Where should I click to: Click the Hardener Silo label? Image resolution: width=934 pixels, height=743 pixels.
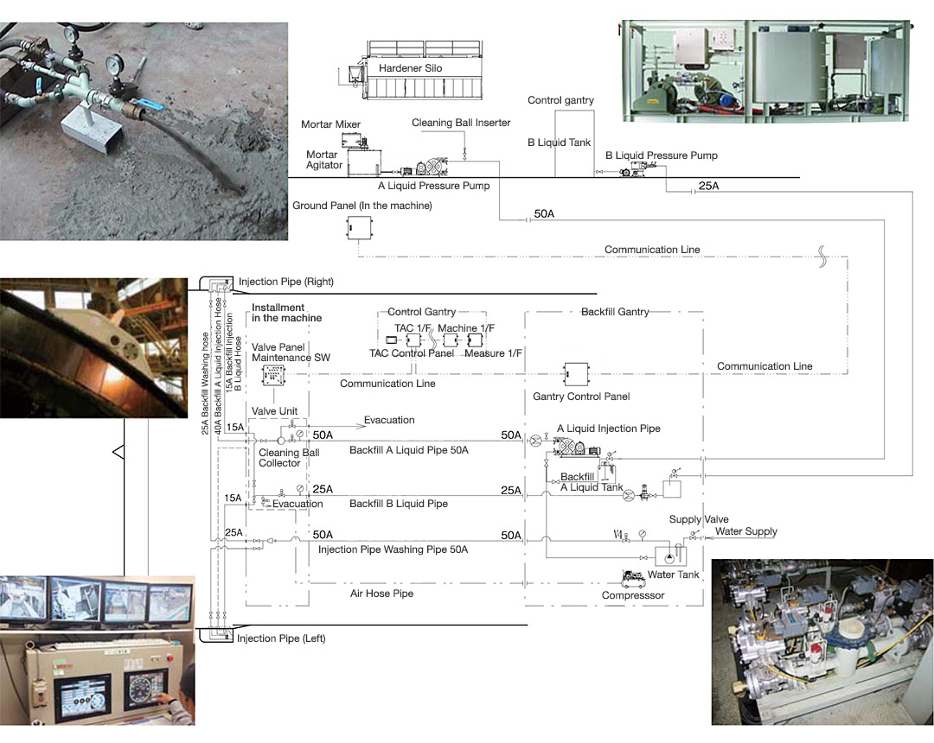[411, 68]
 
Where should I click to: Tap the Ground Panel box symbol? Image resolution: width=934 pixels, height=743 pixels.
[359, 227]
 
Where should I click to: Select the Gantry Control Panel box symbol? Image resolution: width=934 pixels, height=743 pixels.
[576, 374]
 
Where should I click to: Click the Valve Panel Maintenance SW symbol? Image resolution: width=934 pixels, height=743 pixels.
[273, 375]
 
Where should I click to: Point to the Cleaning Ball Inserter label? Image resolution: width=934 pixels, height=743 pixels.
[461, 123]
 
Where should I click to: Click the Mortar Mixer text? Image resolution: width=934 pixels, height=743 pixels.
[330, 124]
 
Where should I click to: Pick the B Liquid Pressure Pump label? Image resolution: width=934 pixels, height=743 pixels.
[662, 156]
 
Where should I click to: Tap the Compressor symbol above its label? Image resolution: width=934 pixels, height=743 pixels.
[633, 577]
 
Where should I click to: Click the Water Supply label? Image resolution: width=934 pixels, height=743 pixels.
[745, 531]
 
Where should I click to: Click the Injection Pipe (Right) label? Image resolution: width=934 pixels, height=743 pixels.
[286, 282]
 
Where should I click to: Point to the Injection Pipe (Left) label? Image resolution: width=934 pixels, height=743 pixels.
[281, 638]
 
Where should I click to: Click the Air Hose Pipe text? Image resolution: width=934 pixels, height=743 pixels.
[382, 593]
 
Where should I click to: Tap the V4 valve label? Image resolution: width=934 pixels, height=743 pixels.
[617, 534]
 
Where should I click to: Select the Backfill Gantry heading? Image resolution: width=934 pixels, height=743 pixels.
[615, 311]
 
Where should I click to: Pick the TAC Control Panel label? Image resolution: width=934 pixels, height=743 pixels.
[412, 353]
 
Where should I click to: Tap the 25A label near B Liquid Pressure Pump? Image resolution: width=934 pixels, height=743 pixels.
[708, 186]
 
